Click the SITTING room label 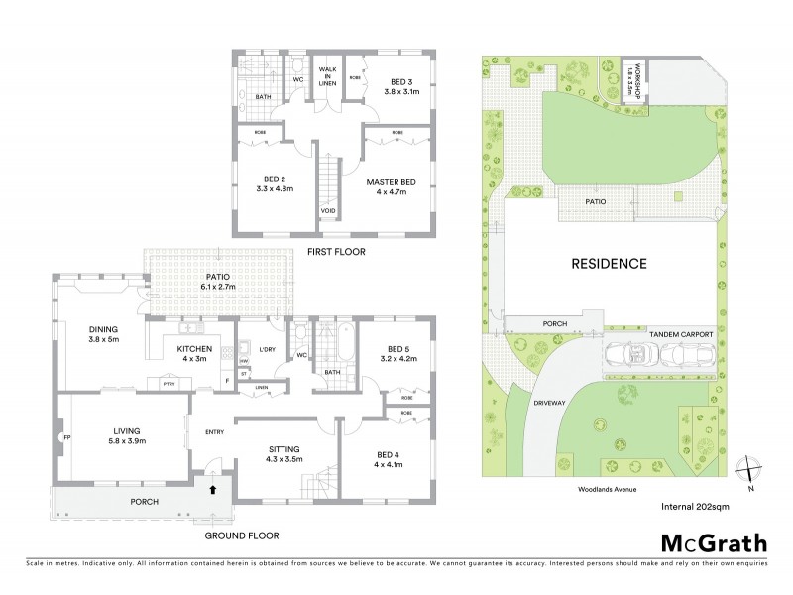point(284,455)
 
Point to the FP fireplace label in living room point(66,435)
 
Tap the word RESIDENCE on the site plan point(609,264)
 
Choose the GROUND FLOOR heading point(241,535)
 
